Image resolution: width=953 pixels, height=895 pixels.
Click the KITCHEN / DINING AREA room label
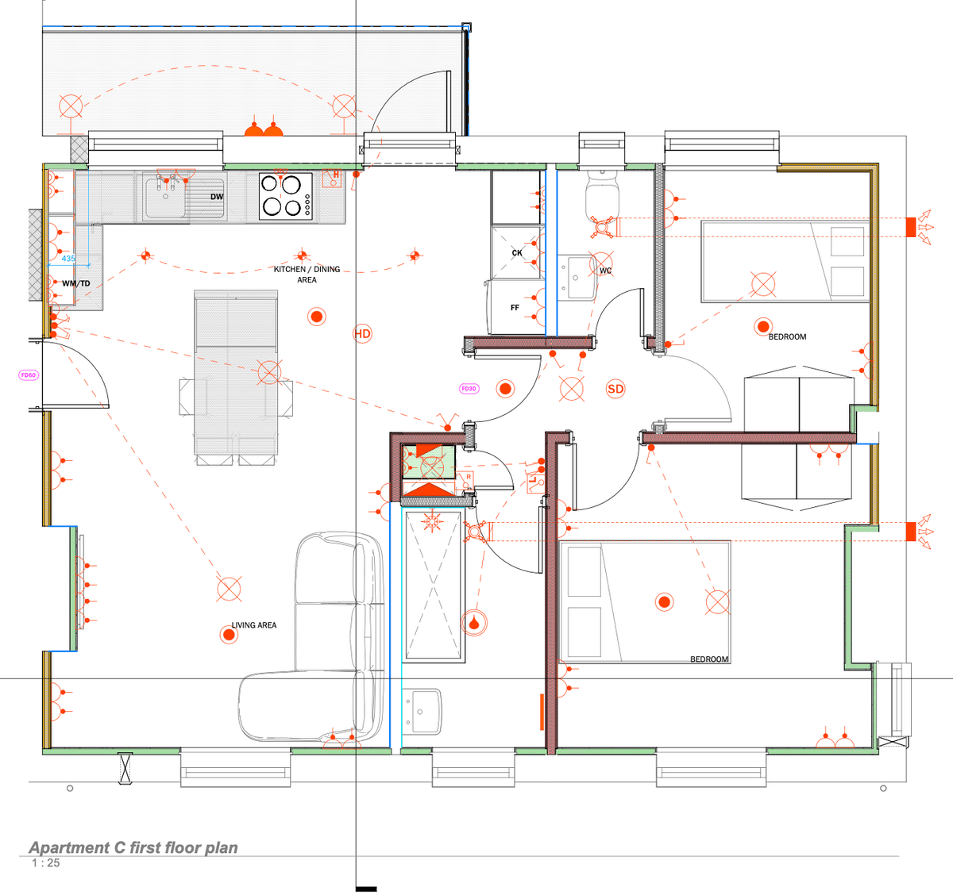pos(307,274)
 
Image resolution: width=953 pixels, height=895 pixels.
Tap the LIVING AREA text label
pos(254,625)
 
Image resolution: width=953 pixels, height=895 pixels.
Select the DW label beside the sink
pos(217,197)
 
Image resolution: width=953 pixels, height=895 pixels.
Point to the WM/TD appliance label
pos(76,283)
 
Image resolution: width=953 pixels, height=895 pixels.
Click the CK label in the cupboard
pos(517,253)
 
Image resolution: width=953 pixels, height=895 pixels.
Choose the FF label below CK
pos(515,307)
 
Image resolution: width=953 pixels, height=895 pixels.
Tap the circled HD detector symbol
pos(362,333)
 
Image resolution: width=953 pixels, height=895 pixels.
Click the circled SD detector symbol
pos(615,389)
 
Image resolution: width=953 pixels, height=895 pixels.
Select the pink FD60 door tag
pos(29,375)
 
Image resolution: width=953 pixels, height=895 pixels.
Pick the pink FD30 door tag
pos(469,389)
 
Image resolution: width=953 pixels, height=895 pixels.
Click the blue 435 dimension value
pos(68,259)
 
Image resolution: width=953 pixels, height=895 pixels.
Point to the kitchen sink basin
pos(164,198)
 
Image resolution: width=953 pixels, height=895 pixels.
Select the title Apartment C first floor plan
pos(133,847)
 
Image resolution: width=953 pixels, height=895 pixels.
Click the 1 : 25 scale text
pos(45,863)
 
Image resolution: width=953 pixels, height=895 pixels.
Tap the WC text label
pos(606,271)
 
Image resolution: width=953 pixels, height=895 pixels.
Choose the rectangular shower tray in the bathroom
pos(433,586)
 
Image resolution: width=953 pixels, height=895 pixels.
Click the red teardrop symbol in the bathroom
pos(474,623)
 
